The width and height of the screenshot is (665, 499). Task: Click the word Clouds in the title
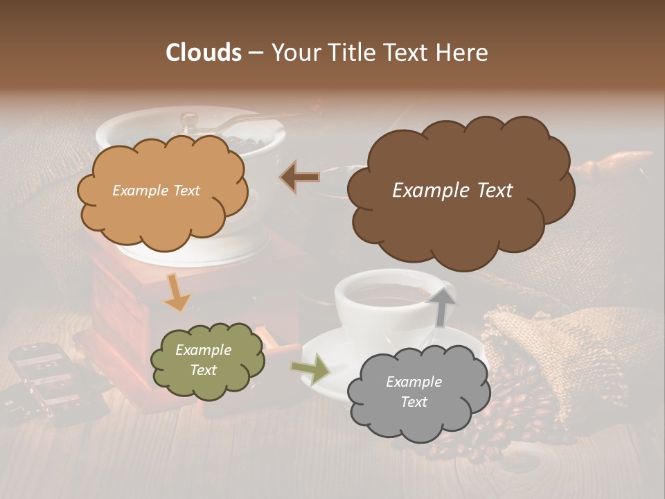204,53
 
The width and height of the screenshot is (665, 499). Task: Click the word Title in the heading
353,53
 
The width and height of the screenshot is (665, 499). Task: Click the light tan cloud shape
163,215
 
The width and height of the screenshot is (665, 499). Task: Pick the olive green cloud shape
208,385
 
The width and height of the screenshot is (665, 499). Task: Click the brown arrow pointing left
299,177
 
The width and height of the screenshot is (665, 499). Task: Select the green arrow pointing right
310,369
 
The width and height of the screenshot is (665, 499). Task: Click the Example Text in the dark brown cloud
452,191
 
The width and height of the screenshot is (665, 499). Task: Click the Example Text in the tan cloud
156,191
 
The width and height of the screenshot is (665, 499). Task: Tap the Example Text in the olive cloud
203,360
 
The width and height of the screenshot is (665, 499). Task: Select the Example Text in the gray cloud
414,392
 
